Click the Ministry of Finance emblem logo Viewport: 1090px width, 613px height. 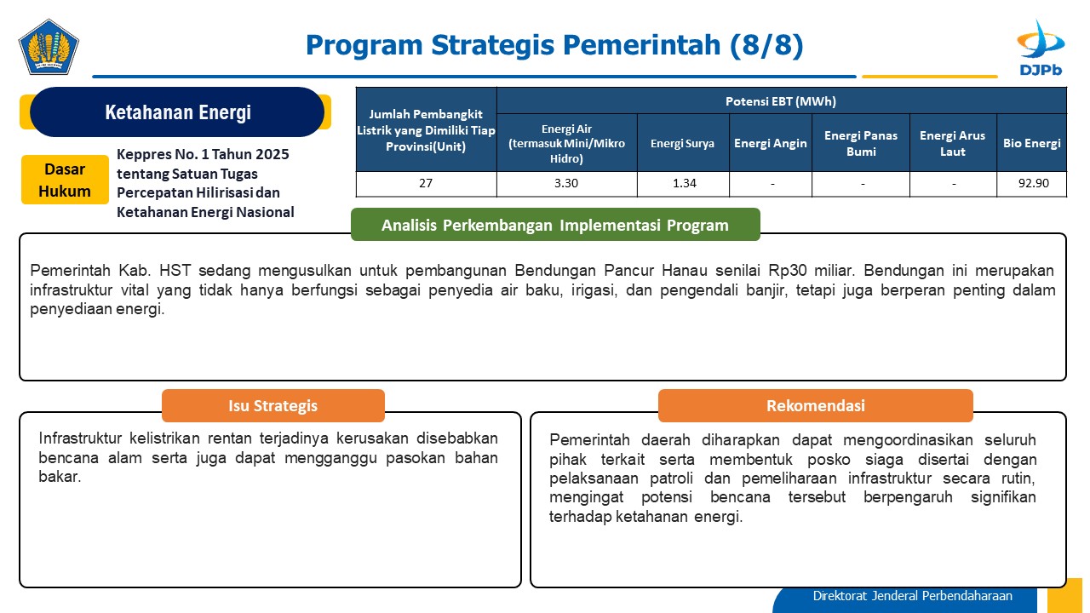tap(49, 47)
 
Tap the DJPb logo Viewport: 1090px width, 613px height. tap(1041, 48)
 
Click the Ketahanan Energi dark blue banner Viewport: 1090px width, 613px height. tap(177, 112)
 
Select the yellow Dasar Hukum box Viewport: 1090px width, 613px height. tap(65, 180)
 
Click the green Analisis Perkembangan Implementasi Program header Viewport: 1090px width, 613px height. tap(555, 225)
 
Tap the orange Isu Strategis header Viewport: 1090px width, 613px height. tap(273, 405)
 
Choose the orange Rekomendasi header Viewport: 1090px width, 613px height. tap(816, 405)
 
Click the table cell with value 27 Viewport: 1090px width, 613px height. tap(426, 183)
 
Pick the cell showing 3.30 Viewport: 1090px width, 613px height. tap(566, 183)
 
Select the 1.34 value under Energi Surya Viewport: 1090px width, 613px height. tap(684, 183)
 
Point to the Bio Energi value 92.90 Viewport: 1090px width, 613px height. tap(1033, 183)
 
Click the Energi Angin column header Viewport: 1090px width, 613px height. tap(771, 143)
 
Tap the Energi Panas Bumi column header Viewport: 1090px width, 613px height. tap(861, 143)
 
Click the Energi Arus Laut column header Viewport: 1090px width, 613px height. tap(952, 143)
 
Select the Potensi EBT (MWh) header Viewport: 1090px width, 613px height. tap(781, 101)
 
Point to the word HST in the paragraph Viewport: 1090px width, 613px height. tap(175, 271)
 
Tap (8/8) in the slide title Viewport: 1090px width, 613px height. tap(766, 45)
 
